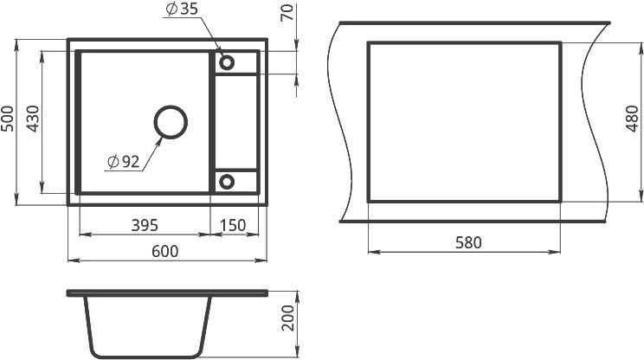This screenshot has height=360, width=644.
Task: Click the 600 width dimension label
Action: [x=165, y=251]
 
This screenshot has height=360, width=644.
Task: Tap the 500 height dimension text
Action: [x=8, y=119]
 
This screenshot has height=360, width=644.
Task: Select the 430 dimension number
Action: [x=32, y=119]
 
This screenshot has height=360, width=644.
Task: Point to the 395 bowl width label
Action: [x=145, y=225]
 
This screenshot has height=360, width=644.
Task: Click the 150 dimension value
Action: [x=233, y=225]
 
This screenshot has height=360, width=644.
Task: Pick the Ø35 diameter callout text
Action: [x=182, y=9]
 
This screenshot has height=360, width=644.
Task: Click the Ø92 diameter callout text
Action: [x=123, y=162]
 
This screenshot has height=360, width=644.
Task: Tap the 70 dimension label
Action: [x=287, y=12]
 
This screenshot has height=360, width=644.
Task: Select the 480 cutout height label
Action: [x=633, y=119]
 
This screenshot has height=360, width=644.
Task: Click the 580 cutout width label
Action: [x=468, y=242]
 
